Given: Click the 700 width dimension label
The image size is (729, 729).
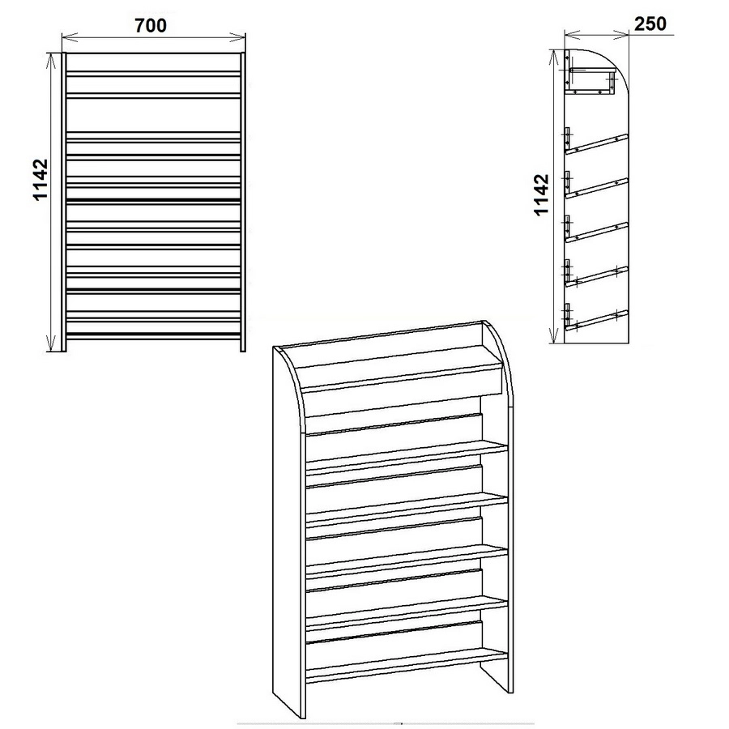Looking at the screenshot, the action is click(151, 26).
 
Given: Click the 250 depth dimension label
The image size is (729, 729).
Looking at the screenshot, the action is click(650, 23).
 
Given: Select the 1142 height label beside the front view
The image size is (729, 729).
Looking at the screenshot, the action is click(41, 180).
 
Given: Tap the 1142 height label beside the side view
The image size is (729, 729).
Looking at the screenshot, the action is click(542, 194).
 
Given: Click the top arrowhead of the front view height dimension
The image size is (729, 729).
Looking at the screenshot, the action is click(51, 61).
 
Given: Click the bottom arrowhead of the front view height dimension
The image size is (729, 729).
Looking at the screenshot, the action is click(51, 343).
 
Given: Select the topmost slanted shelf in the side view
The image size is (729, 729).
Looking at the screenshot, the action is click(596, 143).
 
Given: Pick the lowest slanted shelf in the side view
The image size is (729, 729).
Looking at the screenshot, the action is click(596, 320).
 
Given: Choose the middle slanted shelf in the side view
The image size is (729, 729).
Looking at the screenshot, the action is click(596, 232).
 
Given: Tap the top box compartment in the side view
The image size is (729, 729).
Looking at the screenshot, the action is click(590, 81).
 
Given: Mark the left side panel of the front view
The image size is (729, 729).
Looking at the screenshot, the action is click(64, 202).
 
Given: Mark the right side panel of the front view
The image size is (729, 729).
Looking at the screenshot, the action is click(243, 202).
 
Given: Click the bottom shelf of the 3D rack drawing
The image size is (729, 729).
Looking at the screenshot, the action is click(407, 667).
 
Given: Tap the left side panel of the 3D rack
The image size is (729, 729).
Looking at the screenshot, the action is click(288, 535).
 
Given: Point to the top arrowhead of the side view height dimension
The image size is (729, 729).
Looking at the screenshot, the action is click(553, 58).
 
